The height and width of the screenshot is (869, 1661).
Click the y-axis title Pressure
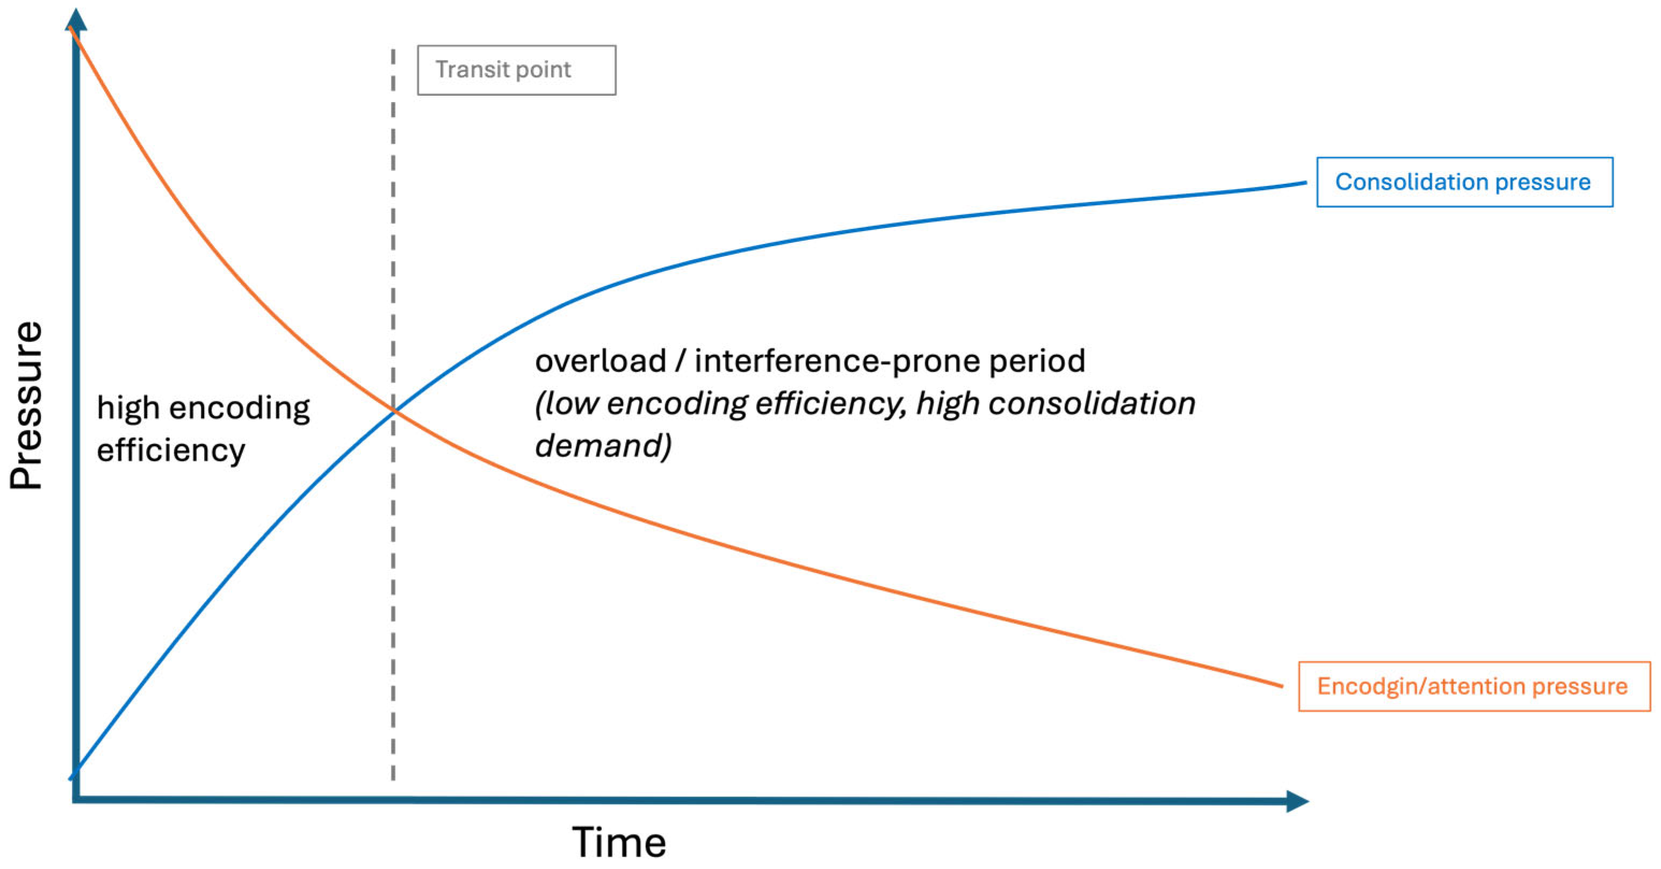(26, 405)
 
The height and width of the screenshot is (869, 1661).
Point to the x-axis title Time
(619, 843)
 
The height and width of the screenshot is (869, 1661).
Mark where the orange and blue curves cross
(393, 410)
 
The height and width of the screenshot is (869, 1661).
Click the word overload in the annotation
(600, 361)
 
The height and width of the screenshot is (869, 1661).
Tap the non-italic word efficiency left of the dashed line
(171, 450)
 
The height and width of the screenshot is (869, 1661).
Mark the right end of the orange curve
(1282, 686)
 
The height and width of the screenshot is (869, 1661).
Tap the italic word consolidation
(1092, 403)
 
